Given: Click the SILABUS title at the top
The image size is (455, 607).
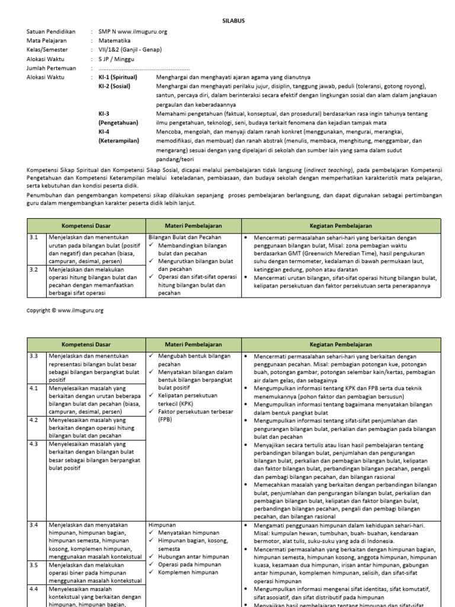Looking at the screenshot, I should click(x=227, y=20).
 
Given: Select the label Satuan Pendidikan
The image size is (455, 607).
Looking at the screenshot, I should click(x=52, y=31).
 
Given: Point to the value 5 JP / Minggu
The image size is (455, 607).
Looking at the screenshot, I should click(x=116, y=59).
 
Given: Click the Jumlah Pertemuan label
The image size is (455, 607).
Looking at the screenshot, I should click(x=53, y=68).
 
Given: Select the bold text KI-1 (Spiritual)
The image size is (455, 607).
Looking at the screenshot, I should click(x=117, y=77).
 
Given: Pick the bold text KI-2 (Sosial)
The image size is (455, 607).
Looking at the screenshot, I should click(x=114, y=87).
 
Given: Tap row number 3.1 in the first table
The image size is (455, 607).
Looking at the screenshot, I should click(x=34, y=237).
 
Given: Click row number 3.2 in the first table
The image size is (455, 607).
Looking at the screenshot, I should click(x=34, y=269).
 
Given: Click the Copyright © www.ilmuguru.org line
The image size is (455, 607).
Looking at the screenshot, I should click(x=65, y=310).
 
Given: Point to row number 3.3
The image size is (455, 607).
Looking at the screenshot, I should click(x=34, y=356).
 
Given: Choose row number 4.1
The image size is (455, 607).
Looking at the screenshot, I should click(x=34, y=388).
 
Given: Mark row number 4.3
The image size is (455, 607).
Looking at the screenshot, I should click(x=34, y=443).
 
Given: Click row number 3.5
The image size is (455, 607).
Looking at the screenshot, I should click(x=34, y=565).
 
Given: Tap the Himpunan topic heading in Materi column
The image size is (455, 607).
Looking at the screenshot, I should click(x=162, y=525).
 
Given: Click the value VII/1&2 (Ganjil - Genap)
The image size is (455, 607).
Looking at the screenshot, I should click(x=130, y=50).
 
